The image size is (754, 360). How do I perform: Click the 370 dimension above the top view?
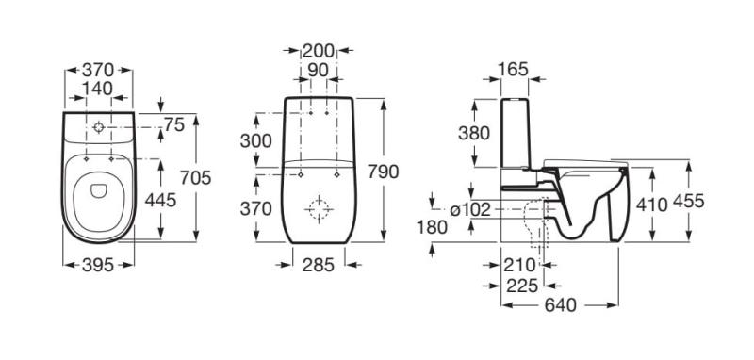(98, 70)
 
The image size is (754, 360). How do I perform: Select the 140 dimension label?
(97, 89)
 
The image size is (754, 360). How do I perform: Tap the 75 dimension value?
(174, 125)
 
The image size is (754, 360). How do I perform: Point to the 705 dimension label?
(196, 178)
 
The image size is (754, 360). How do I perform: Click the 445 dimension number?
(160, 200)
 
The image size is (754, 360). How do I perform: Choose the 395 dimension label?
(98, 265)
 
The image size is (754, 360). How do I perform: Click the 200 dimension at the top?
(318, 51)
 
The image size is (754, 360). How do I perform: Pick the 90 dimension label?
(318, 70)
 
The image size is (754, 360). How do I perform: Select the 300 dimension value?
(255, 140)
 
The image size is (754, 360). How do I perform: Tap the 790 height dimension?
(384, 172)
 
